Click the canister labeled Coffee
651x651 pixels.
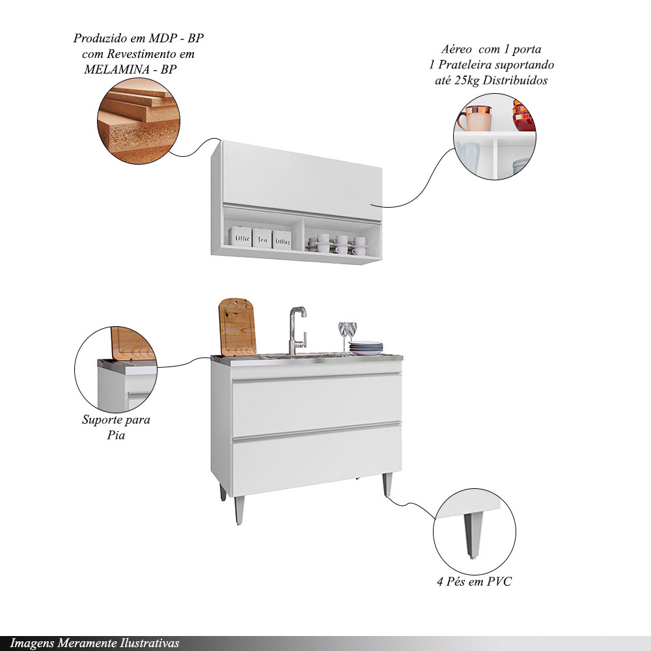coord(240,237)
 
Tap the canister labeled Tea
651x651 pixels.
coord(262,238)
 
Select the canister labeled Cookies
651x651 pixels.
coord(281,240)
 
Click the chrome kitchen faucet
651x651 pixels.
coord(298,331)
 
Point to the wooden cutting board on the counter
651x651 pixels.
coord(237,327)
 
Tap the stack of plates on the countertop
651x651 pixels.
coord(366,348)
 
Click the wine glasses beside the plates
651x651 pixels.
coord(348,336)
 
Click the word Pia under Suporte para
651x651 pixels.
coord(116,435)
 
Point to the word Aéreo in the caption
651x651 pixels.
coord(456,49)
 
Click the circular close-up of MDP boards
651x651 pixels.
coord(139,121)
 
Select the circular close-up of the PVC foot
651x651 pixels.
coord(474,532)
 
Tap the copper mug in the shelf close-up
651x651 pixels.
coord(475,118)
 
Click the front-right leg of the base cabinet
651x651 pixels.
coord(387,484)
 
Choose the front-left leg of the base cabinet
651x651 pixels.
coord(239,510)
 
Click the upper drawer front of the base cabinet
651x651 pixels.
coord(317,405)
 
